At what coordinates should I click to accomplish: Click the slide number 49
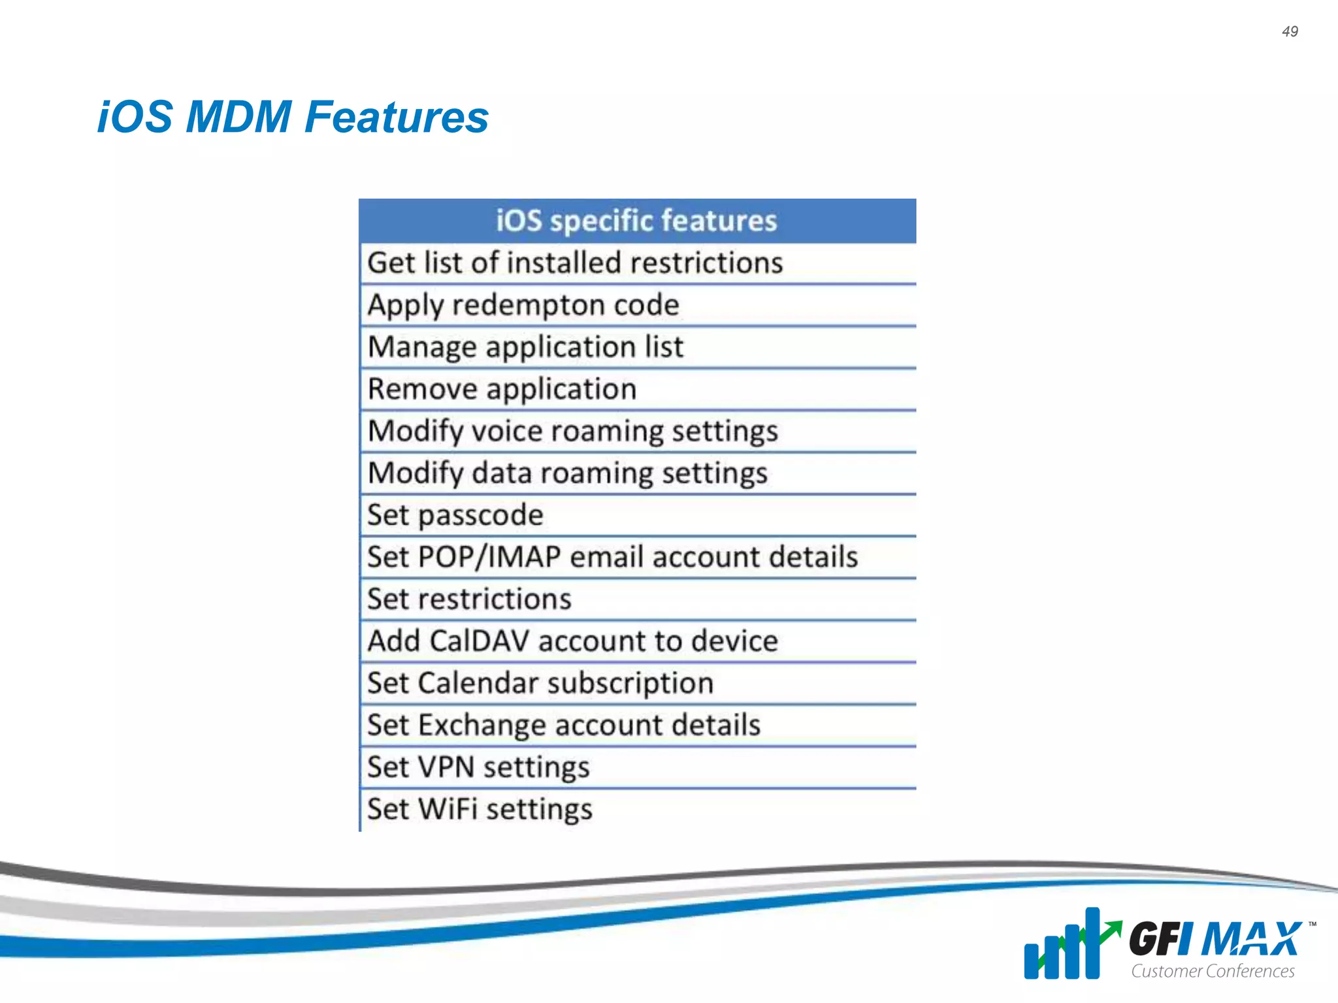1290,31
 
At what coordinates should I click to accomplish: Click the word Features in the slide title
397,118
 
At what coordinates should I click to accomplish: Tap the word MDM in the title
238,118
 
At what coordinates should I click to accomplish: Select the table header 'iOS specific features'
636,221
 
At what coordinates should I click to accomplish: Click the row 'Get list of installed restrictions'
575,263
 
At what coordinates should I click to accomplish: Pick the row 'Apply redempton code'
523,305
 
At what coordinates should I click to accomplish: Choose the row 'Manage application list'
525,347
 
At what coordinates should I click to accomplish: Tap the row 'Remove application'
502,389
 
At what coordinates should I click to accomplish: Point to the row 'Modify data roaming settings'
568,473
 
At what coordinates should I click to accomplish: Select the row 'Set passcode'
455,515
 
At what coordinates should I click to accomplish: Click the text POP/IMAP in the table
489,557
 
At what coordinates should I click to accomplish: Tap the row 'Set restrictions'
469,599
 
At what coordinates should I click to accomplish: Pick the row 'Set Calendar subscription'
540,683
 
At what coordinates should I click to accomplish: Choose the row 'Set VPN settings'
478,767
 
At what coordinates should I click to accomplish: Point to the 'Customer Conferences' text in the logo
1213,971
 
